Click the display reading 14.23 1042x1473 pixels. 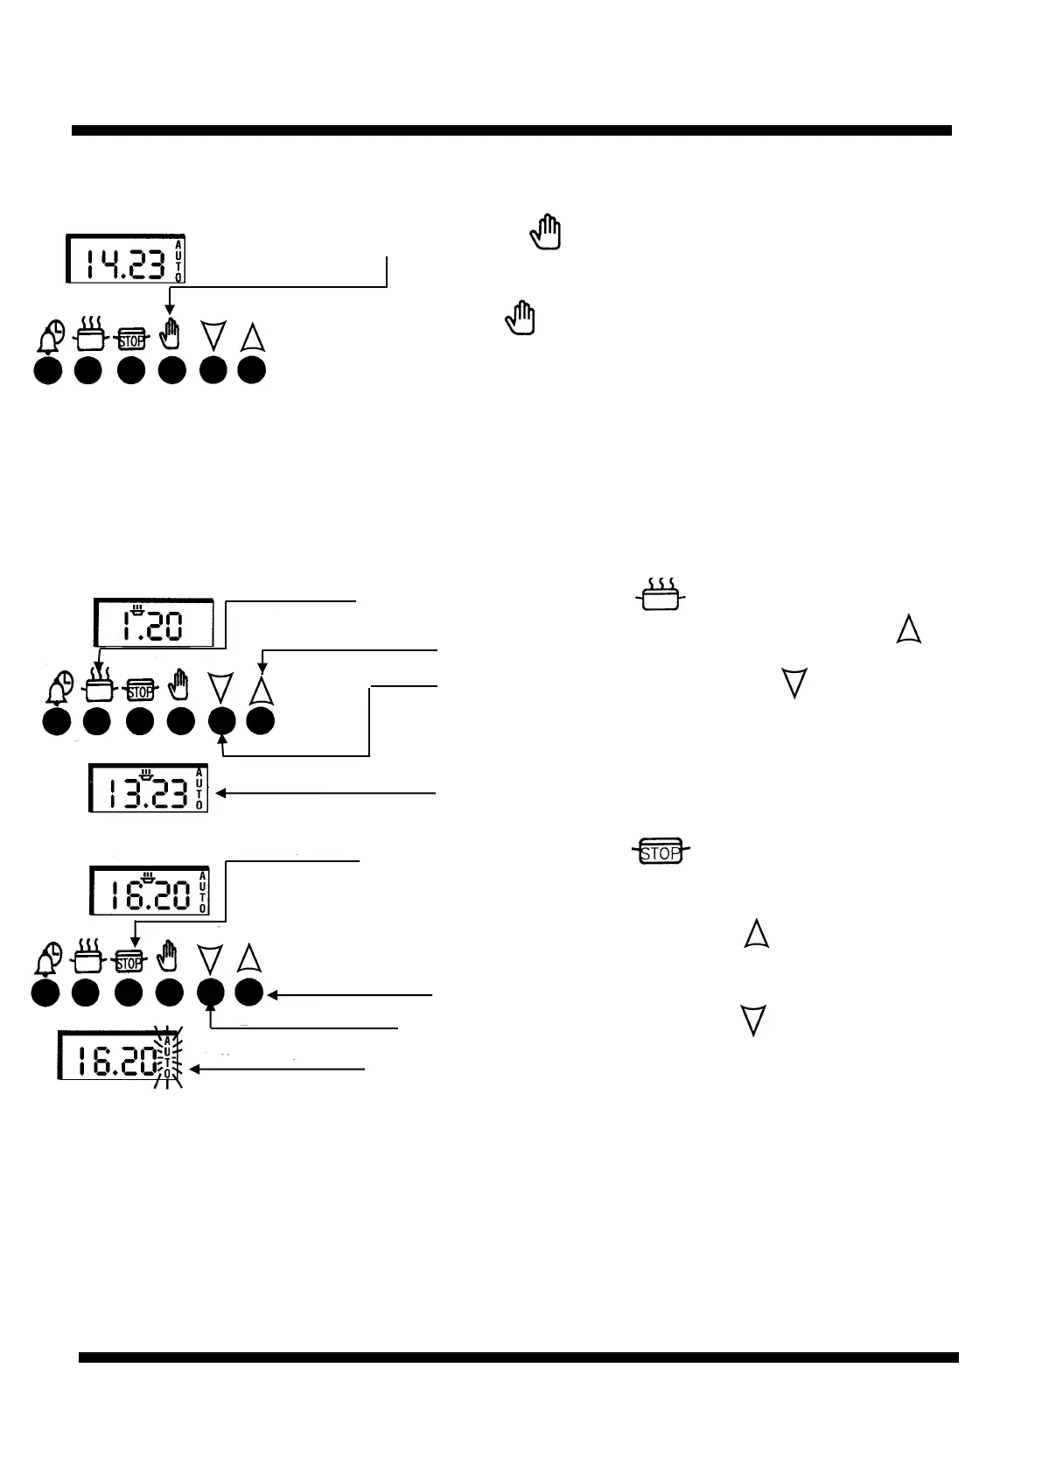(x=126, y=259)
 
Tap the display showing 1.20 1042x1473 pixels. (x=153, y=623)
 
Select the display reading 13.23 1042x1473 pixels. (x=148, y=789)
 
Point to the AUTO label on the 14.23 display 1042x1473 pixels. (x=178, y=260)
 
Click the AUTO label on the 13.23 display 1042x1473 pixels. (x=199, y=789)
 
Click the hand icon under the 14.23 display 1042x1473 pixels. (x=172, y=335)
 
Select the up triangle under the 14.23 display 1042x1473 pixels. (x=252, y=336)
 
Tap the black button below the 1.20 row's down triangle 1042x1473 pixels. (x=222, y=721)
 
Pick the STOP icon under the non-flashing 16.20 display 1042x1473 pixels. (x=129, y=961)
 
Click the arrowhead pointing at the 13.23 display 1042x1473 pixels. (x=220, y=793)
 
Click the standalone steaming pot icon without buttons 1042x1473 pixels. (x=661, y=595)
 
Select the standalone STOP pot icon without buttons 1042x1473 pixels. (x=661, y=852)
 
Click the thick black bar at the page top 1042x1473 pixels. (x=511, y=130)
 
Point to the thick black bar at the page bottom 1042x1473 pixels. (x=518, y=1357)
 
